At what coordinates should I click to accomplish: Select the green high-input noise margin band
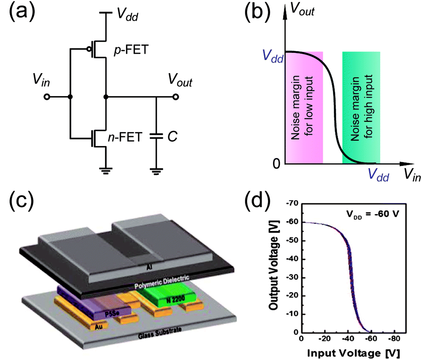point(361,107)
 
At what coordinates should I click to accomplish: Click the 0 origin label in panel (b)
point(276,164)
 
